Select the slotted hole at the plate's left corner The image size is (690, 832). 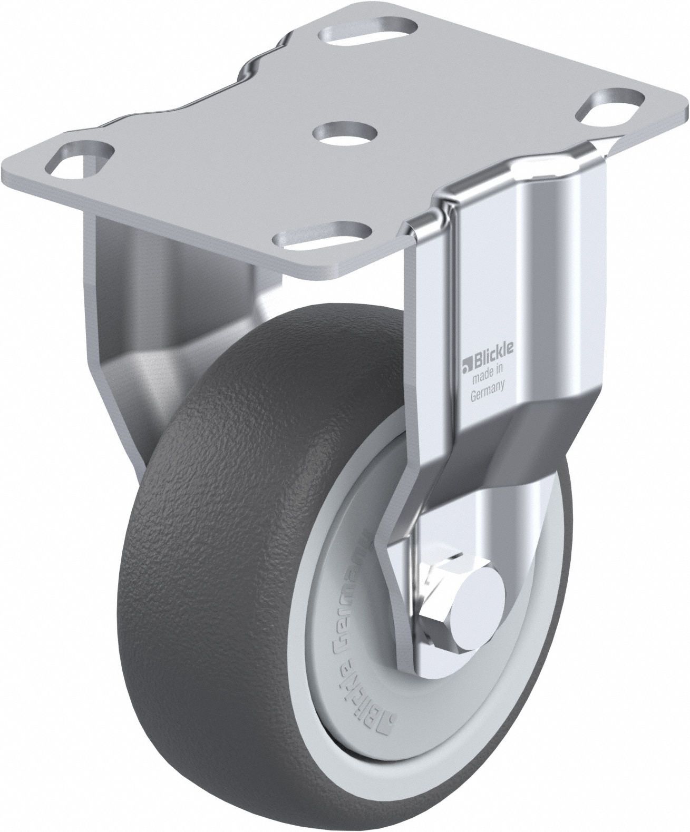(84, 155)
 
